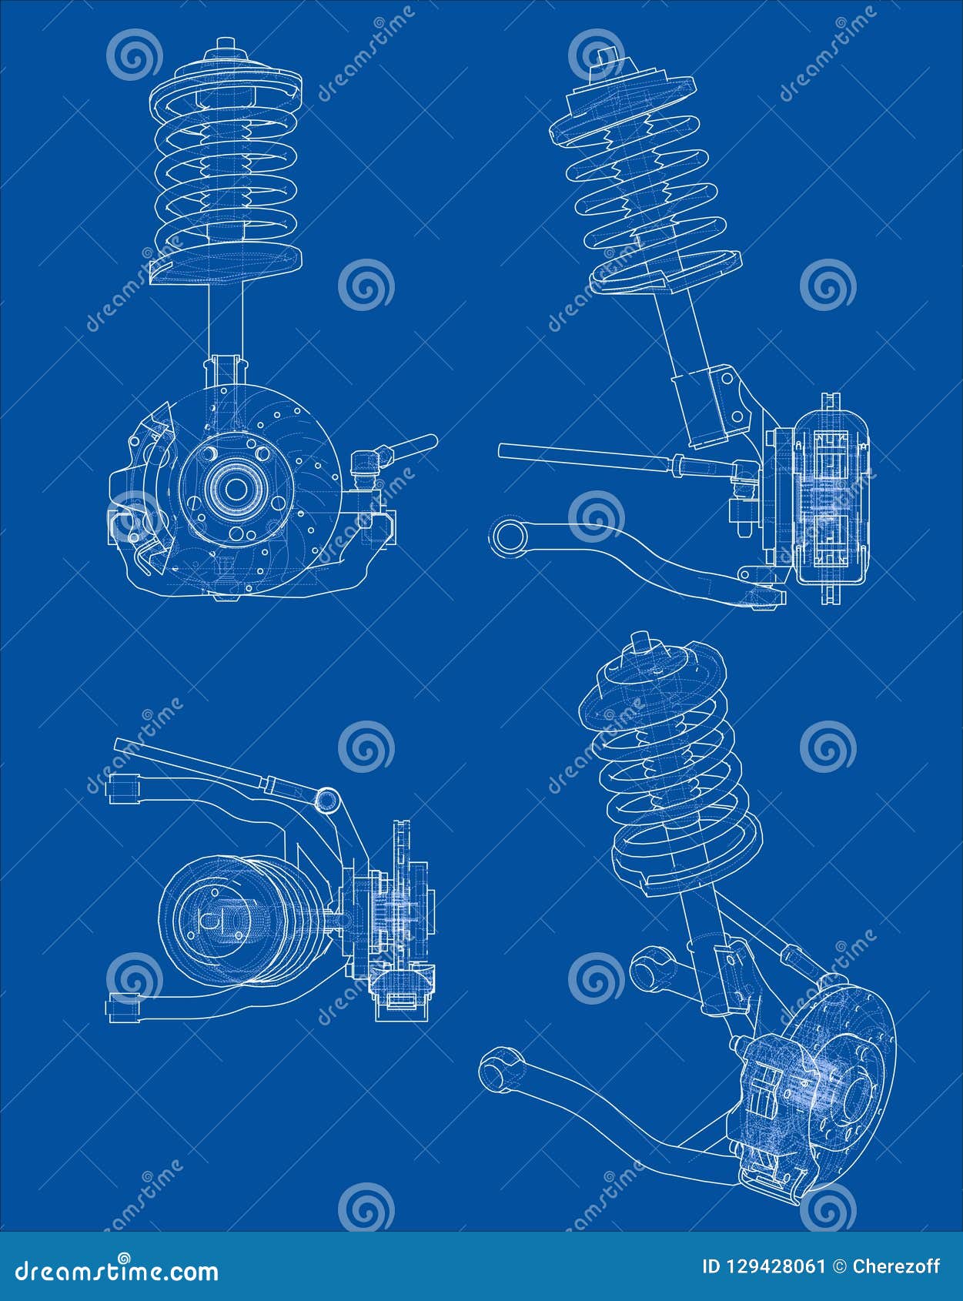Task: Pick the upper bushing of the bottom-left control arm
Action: point(124,788)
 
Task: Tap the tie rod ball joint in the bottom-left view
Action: point(329,799)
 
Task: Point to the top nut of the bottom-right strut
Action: point(640,644)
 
